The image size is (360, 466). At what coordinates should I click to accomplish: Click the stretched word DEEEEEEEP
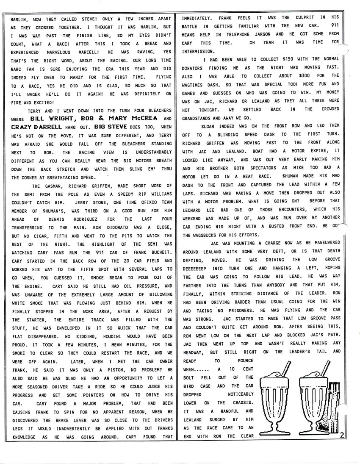[198, 268]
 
